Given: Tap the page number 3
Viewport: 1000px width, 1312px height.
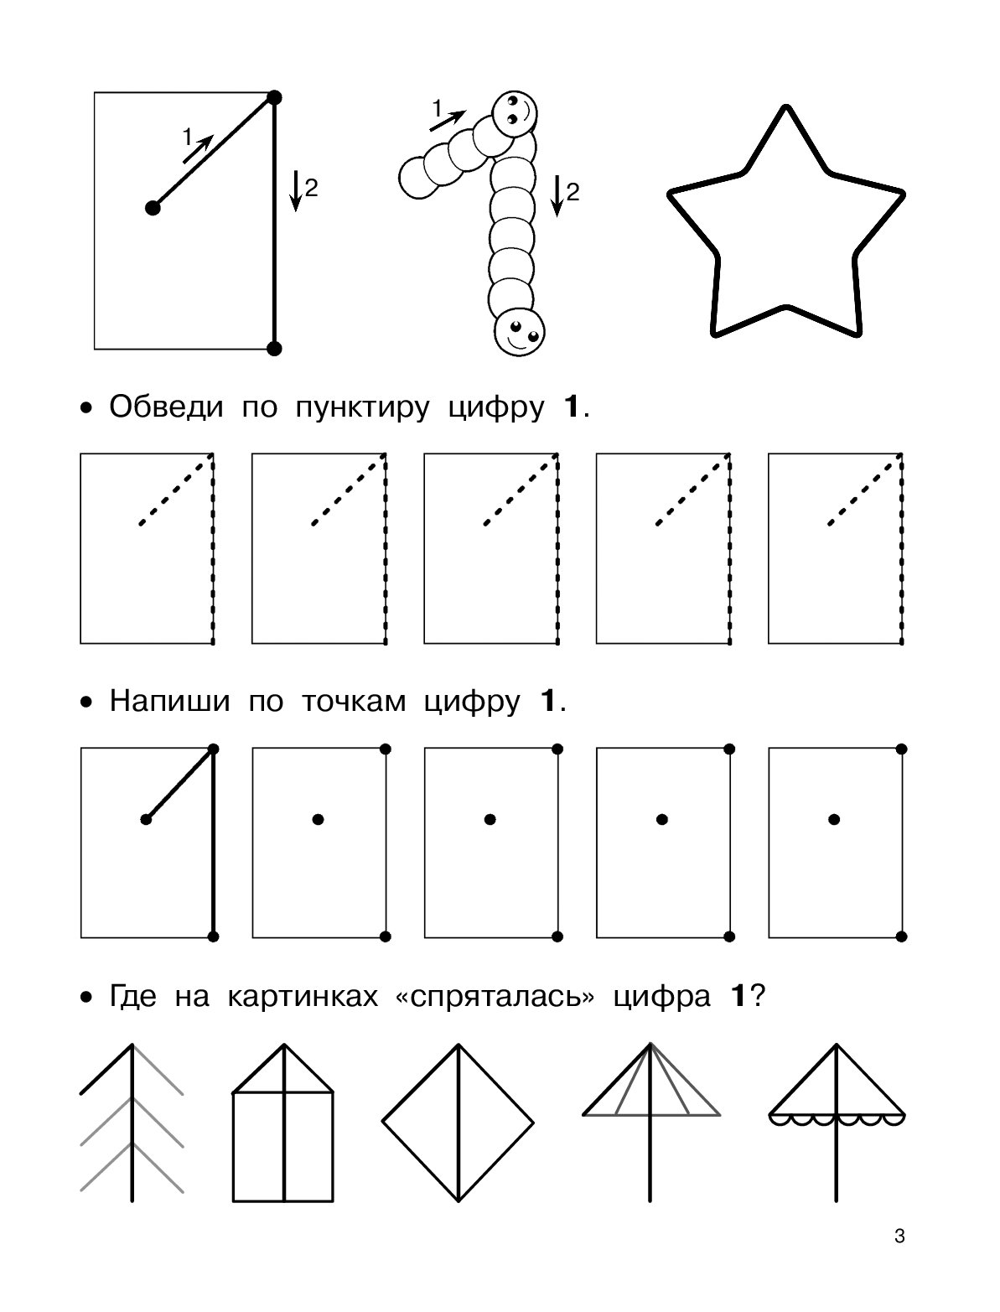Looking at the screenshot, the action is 899,1236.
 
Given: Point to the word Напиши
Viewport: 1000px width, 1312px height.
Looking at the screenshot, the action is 169,701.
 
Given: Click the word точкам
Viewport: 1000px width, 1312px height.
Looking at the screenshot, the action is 354,702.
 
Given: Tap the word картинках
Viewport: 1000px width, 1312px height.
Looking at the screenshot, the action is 303,997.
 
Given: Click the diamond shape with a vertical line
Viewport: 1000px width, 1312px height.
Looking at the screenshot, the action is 459,1123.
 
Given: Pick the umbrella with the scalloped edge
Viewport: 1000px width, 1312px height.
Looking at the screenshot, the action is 837,1123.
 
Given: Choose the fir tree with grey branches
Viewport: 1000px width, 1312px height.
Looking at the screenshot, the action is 132,1123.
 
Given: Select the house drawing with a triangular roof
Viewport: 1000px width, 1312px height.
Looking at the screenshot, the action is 283,1123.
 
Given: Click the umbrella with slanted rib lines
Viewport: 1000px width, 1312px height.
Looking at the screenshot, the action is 650,1123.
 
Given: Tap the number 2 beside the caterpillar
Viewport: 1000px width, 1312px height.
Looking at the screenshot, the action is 573,193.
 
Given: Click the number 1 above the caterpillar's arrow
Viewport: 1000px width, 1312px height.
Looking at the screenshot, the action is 438,109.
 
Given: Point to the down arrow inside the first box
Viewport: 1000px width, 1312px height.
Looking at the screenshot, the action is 296,190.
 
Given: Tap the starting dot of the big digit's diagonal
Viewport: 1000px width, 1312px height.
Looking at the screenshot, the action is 153,208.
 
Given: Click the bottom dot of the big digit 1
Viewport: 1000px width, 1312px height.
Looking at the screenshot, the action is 274,349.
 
